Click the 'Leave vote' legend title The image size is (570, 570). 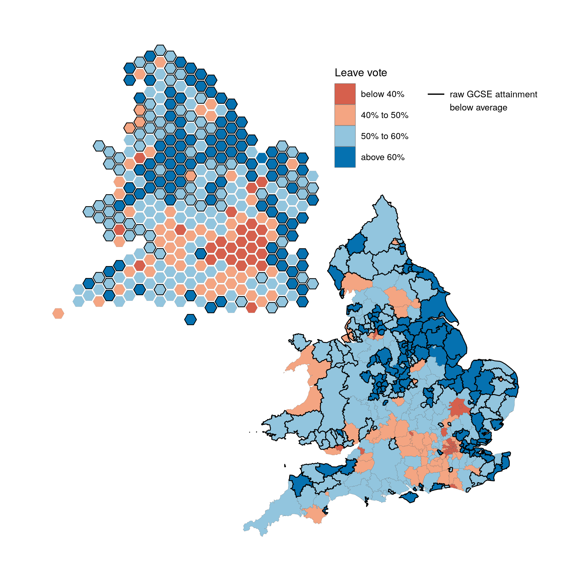[x=360, y=72]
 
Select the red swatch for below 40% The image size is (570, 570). [x=345, y=94]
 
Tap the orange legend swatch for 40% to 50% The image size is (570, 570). [x=345, y=115]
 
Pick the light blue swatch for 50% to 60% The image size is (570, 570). [x=345, y=136]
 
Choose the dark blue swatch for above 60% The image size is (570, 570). [x=345, y=157]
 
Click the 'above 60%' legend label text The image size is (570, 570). [x=383, y=157]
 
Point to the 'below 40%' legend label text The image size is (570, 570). [x=382, y=94]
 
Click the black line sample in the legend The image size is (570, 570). [x=436, y=94]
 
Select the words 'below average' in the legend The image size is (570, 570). [x=478, y=107]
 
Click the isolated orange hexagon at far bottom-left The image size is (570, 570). [x=58, y=313]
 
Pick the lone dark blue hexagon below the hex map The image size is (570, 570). [x=191, y=319]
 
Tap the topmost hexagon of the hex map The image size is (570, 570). [x=160, y=50]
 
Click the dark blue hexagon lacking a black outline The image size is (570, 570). [x=262, y=158]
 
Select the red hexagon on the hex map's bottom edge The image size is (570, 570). [x=251, y=308]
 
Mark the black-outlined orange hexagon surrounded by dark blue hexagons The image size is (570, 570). [x=191, y=176]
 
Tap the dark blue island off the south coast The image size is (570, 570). [x=410, y=497]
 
